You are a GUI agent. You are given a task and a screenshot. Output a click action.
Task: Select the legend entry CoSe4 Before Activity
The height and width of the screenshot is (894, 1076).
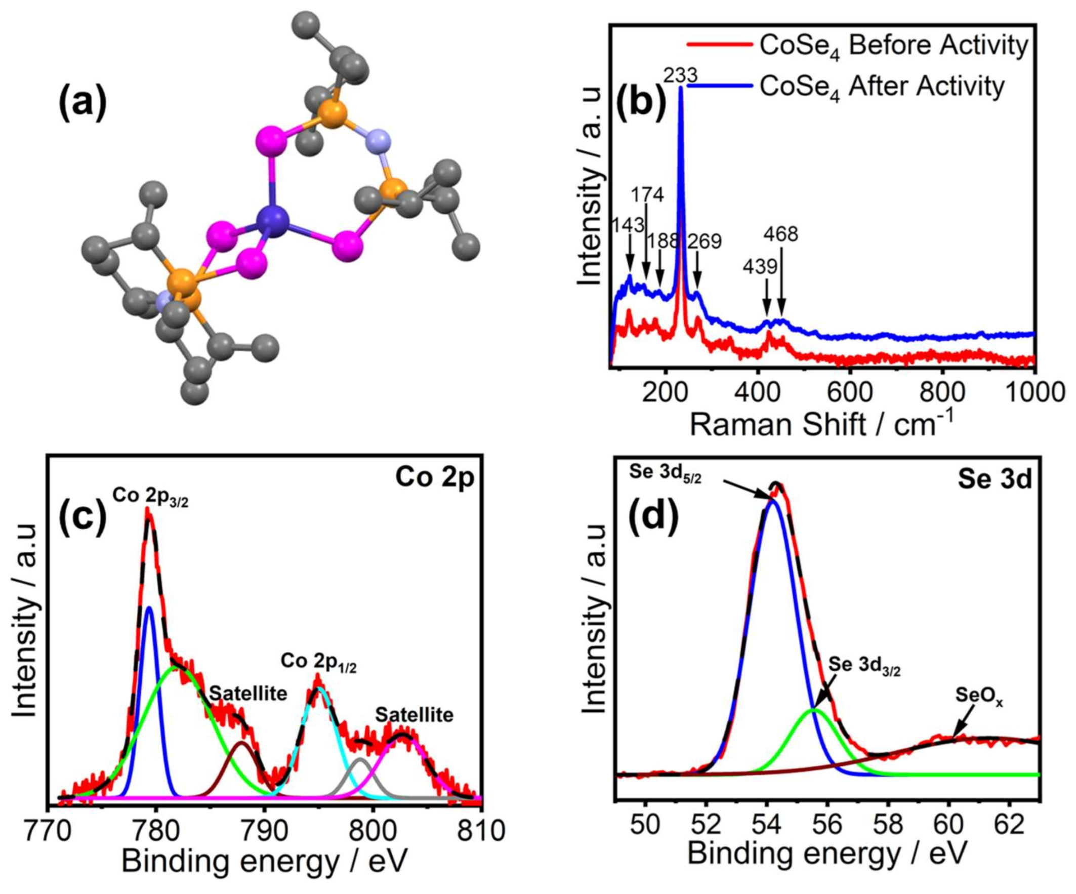click(894, 46)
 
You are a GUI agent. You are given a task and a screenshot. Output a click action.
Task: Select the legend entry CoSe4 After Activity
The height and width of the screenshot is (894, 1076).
click(881, 86)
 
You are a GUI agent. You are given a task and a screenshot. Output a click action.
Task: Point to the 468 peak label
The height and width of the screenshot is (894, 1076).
click(780, 234)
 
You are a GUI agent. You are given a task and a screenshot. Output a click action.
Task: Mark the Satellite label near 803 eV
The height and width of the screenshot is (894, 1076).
click(415, 715)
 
